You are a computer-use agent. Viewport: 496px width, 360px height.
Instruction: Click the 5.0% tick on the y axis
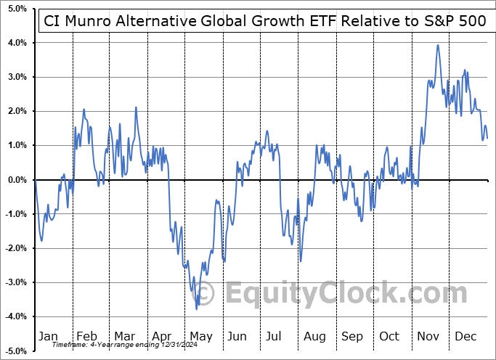15,9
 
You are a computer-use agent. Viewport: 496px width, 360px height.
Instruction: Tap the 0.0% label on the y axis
15,180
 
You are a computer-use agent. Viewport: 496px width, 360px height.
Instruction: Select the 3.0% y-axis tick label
15,77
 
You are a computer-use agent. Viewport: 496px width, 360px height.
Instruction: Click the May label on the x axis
201,336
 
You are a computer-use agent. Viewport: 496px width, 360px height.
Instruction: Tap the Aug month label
315,336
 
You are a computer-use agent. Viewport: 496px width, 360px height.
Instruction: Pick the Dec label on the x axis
465,336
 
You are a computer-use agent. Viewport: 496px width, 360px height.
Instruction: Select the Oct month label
389,336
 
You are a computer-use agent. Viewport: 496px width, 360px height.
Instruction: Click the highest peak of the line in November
438,45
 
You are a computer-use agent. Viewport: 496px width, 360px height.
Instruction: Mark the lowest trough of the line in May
197,308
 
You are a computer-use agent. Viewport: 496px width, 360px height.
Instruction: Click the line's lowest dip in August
300,261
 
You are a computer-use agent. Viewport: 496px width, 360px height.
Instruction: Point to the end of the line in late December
487,138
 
